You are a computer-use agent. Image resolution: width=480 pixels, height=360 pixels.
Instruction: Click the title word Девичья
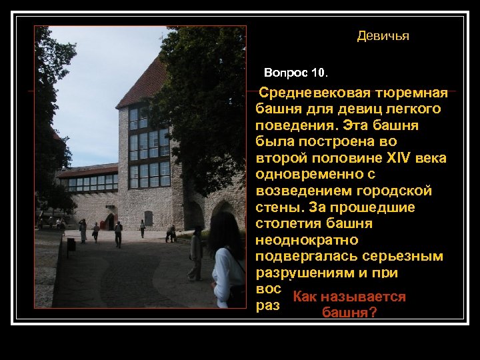click(x=383, y=36)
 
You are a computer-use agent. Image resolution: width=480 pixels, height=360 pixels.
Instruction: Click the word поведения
click(x=288, y=125)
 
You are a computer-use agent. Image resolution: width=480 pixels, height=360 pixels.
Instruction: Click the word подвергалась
click(x=300, y=257)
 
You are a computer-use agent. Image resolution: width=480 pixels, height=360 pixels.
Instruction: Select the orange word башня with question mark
click(x=349, y=312)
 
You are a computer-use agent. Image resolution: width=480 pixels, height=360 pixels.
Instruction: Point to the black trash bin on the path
click(x=71, y=244)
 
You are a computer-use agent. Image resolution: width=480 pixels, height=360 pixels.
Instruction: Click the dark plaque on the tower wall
click(x=148, y=218)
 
